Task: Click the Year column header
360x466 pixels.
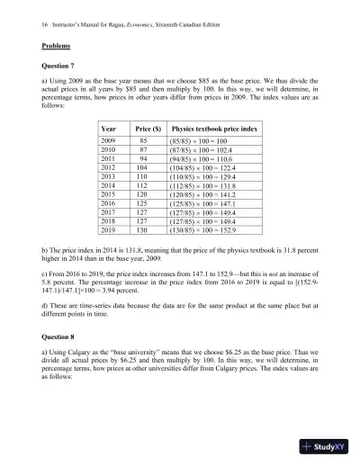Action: (x=110, y=129)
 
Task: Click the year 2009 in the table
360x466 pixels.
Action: (x=110, y=142)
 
